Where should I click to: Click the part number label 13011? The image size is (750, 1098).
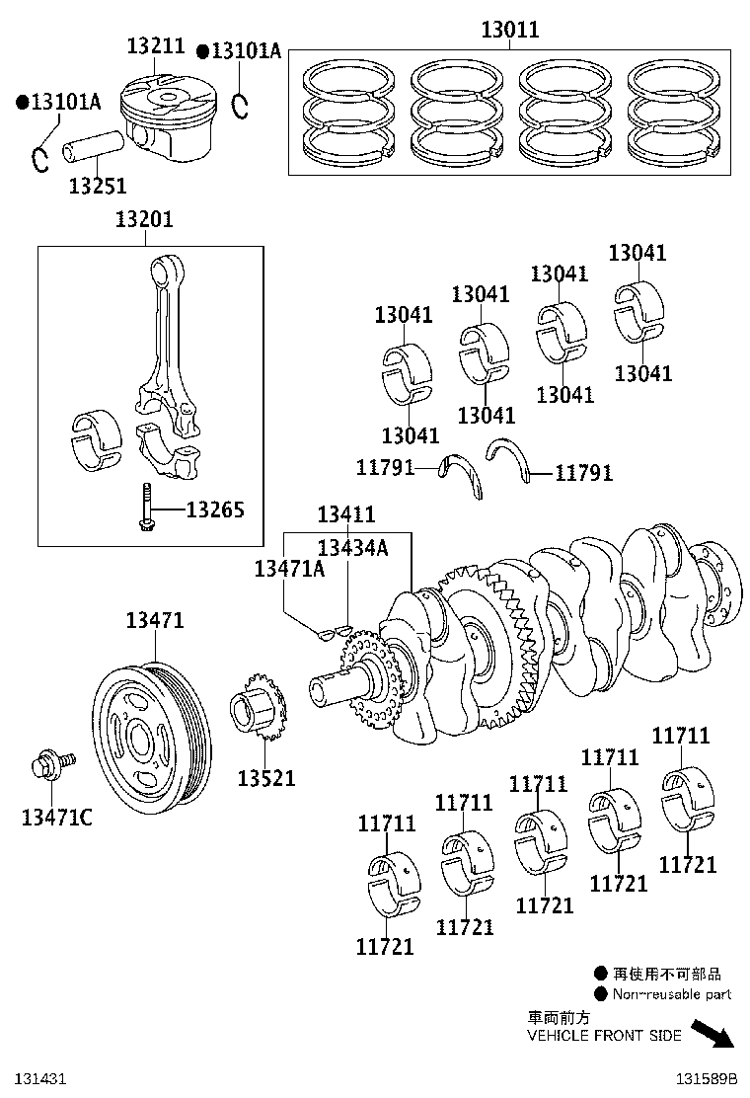click(510, 30)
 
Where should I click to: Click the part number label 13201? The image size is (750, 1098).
click(143, 219)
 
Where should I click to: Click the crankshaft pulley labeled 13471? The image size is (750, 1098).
click(152, 737)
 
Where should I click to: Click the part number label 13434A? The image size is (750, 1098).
click(351, 547)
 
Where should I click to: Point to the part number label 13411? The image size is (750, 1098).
click(345, 514)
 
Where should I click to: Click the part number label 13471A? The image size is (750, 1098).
click(289, 568)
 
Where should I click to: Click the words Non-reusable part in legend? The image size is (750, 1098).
click(671, 994)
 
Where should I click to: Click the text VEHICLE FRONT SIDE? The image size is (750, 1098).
click(603, 1036)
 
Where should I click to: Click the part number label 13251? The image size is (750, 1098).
click(97, 185)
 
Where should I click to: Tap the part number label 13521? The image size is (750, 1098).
click(265, 778)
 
